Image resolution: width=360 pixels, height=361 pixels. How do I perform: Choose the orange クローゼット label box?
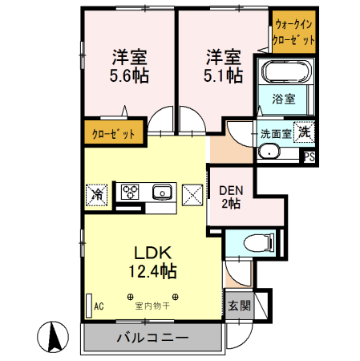coord(113,132)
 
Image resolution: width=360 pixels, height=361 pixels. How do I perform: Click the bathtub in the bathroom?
coord(285,73)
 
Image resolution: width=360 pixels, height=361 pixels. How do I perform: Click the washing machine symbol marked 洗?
coord(304,131)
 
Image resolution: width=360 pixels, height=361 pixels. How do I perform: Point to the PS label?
coord(309,157)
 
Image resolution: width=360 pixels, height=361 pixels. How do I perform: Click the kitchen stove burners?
coord(130,192)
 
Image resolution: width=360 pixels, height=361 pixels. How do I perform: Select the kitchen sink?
coord(162,192)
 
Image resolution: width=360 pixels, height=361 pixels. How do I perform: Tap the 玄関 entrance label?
coord(238,306)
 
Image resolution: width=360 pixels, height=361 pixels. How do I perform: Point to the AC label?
coord(99,306)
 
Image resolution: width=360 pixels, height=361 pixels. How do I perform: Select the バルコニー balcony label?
coord(152,338)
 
